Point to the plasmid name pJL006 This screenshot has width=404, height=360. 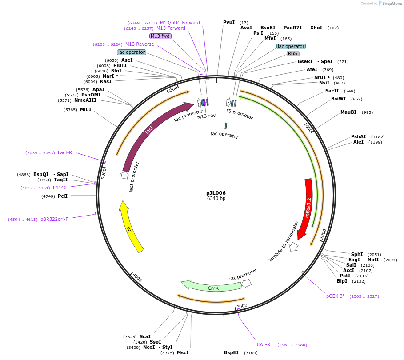[x=216, y=193]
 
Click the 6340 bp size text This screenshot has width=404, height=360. [x=216, y=198]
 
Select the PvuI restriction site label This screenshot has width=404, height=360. [x=229, y=22]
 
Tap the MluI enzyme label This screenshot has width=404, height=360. [x=86, y=109]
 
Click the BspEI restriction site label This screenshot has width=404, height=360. [x=231, y=352]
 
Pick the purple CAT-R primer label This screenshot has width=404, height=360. [x=264, y=344]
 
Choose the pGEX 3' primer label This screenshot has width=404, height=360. [x=335, y=296]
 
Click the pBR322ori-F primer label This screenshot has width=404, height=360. [x=54, y=219]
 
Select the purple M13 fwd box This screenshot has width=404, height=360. [x=160, y=36]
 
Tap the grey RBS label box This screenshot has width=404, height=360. [x=292, y=53]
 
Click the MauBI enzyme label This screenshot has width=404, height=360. [x=348, y=112]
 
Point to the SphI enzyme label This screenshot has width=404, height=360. [x=357, y=254]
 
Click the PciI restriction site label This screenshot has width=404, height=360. [x=63, y=196]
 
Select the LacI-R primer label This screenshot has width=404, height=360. [x=65, y=152]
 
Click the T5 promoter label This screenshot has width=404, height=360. [x=239, y=114]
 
